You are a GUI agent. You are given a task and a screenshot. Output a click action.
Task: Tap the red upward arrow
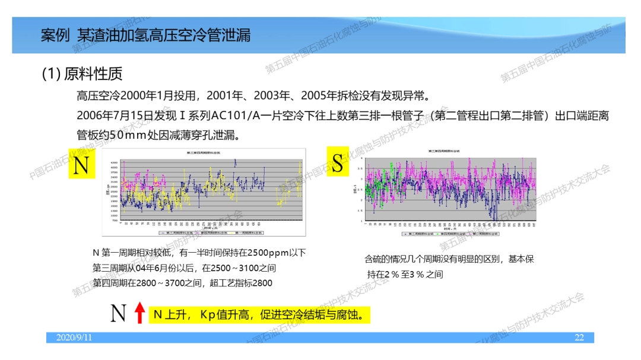139,313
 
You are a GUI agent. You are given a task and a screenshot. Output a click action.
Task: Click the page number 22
579,337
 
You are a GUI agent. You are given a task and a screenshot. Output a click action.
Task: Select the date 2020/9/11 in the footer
74,337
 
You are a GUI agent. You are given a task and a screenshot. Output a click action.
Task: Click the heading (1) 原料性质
82,74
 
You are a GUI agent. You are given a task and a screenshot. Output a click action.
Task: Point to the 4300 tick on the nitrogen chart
114,162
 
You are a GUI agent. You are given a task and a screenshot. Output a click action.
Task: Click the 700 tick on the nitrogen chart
115,220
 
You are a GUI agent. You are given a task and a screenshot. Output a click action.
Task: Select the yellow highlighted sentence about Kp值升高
259,314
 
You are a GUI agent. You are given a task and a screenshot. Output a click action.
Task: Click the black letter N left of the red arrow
119,313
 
